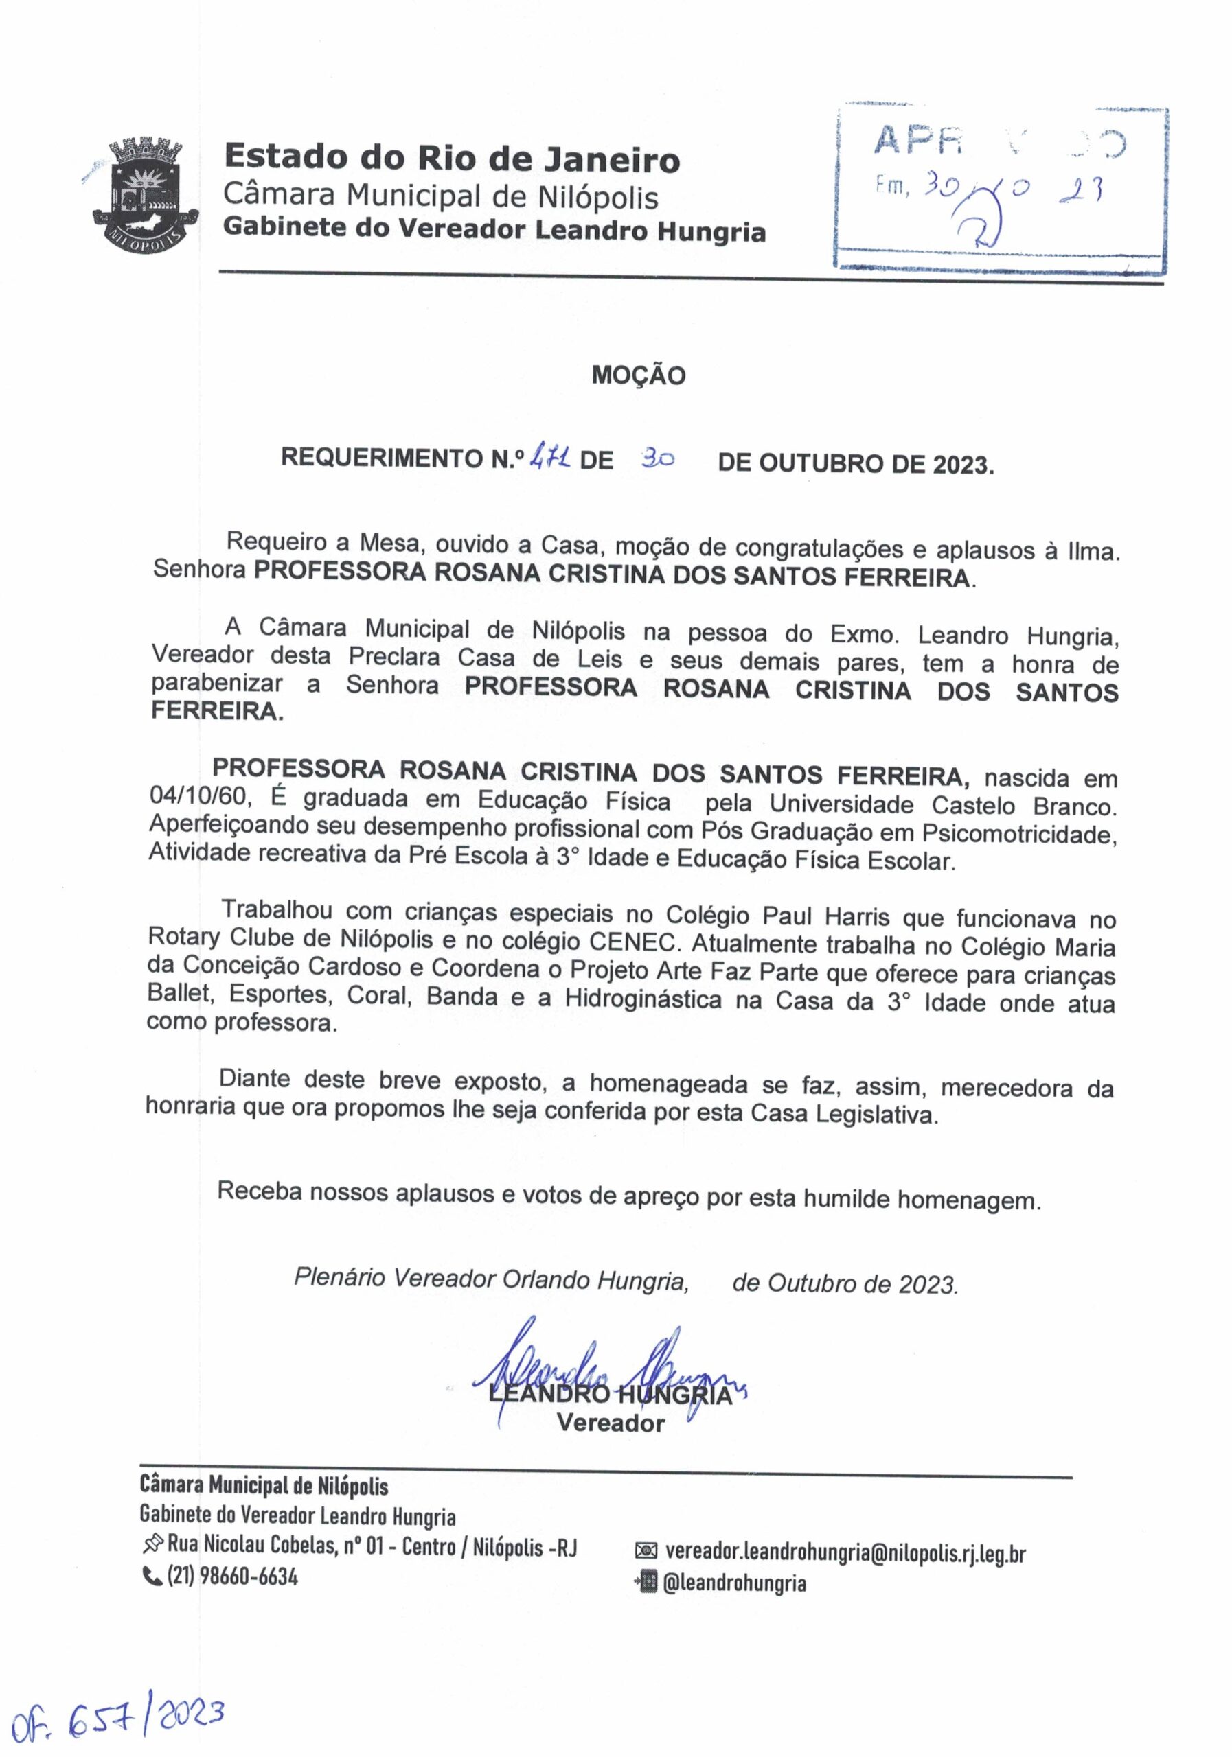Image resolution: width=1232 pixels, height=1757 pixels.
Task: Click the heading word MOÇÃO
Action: coord(639,375)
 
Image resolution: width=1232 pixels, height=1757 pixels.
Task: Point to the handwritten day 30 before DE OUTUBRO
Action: coord(657,459)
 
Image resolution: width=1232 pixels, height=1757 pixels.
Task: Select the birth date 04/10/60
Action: coord(200,798)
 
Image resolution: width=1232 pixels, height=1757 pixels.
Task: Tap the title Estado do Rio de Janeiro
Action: coord(452,159)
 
